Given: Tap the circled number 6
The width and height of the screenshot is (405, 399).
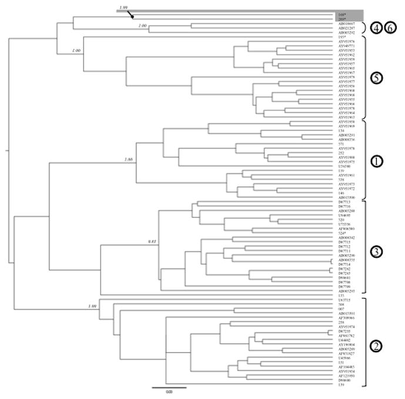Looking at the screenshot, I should click(x=389, y=27).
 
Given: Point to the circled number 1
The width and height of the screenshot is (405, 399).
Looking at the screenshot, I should click(x=376, y=159).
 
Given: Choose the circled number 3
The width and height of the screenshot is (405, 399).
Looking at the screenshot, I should click(x=376, y=251).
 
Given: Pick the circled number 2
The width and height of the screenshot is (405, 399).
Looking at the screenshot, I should click(x=375, y=345).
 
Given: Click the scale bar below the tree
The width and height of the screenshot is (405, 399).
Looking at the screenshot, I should click(x=169, y=387).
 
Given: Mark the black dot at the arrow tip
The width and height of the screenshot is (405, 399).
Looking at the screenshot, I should click(x=132, y=17).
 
